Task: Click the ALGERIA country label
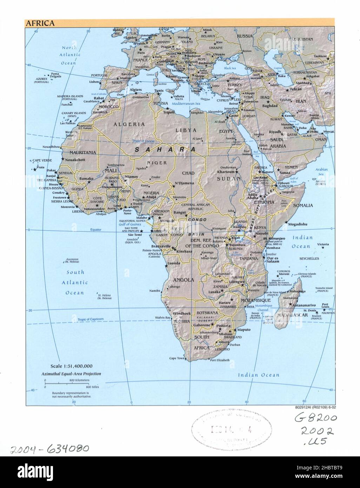pos(129,124)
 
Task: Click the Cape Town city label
pos(176,358)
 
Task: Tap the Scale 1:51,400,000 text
pos(71,366)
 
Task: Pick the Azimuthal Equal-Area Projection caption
pos(71,374)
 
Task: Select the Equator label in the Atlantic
pos(95,230)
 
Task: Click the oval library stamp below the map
pos(231,430)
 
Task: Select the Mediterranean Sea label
pos(186,104)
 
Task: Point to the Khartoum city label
pos(225,172)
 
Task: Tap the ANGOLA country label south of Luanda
pos(183,280)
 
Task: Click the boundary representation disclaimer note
pos(72,394)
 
